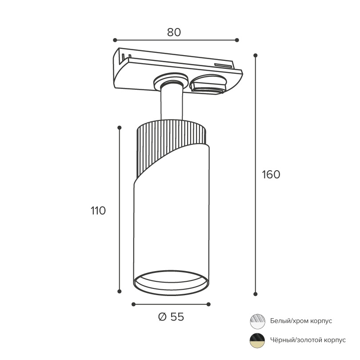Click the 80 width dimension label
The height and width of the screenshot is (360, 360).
click(x=174, y=32)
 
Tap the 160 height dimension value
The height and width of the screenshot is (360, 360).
click(x=271, y=175)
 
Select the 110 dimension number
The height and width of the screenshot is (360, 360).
click(x=98, y=211)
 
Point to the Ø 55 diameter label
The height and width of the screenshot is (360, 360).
click(x=171, y=317)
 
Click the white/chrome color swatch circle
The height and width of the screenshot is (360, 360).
click(x=257, y=321)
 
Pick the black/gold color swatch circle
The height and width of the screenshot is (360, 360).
click(x=257, y=340)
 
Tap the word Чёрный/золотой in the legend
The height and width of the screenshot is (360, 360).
click(x=296, y=340)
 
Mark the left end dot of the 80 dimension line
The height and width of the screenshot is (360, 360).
click(x=115, y=40)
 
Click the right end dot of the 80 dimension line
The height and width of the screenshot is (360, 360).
click(x=237, y=40)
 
